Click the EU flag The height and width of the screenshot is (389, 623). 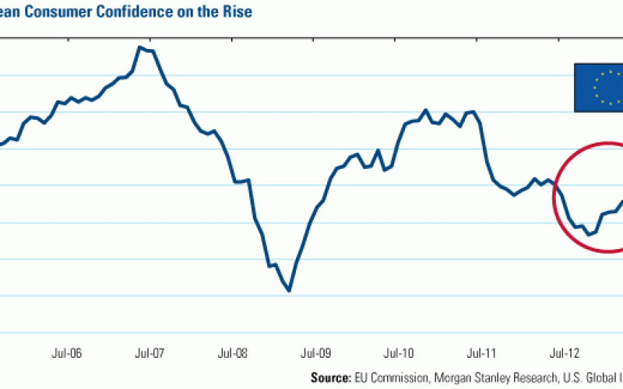598,87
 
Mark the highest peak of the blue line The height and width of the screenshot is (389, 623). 139,47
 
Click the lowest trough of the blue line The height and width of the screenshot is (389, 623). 289,291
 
